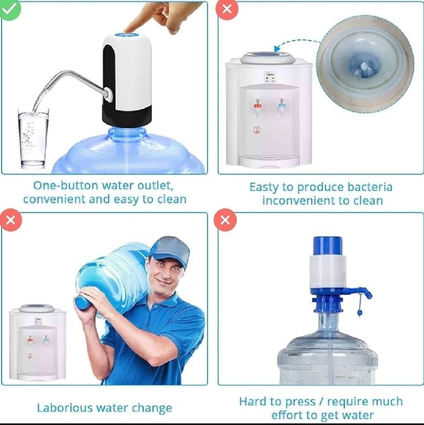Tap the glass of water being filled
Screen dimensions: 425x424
click(x=33, y=137)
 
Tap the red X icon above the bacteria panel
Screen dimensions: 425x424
click(x=227, y=10)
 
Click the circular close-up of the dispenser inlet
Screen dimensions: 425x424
click(x=365, y=64)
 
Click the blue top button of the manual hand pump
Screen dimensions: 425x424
click(x=328, y=245)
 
